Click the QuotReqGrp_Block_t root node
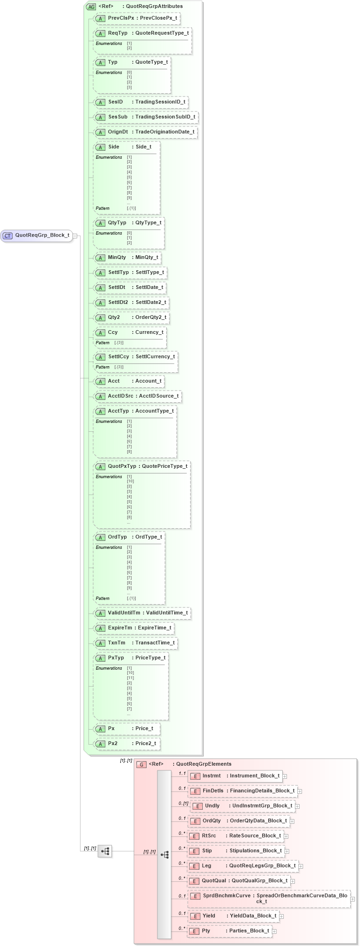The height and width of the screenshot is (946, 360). point(37,236)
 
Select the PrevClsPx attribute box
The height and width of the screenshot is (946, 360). point(137,18)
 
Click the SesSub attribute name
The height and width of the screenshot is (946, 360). point(118,117)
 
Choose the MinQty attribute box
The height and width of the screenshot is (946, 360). point(127,257)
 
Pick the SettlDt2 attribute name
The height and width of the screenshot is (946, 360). point(118,302)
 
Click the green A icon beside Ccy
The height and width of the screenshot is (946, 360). point(100,333)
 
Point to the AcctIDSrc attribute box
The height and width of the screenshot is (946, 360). point(137,396)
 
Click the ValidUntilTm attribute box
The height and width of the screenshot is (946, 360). point(142,613)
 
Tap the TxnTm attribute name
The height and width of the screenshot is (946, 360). point(117,643)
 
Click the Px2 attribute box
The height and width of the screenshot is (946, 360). point(126,743)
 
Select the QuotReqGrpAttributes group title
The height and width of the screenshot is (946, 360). point(154,6)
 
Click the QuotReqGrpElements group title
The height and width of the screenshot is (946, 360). point(203,764)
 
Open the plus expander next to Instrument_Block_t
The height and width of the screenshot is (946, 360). point(285,776)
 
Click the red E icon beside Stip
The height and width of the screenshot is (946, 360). point(195,851)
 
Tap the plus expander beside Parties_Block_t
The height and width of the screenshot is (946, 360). point(274,931)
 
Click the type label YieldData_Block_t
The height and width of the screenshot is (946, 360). point(253,916)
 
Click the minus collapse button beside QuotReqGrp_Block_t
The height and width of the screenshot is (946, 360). point(75,236)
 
